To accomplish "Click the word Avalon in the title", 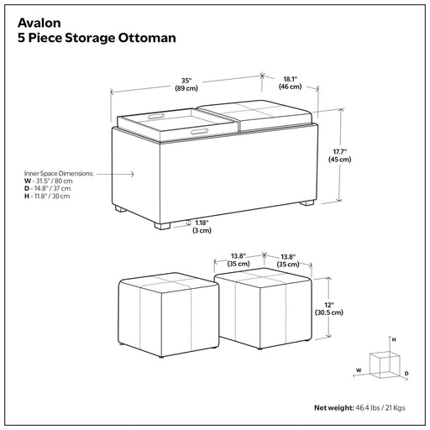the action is tap(39, 23).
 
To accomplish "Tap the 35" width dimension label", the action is tap(186, 84).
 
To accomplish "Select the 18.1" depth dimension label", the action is tap(290, 83).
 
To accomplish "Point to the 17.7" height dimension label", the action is tap(339, 155).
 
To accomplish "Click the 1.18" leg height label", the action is tap(202, 227).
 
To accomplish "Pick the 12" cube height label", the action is tap(329, 308).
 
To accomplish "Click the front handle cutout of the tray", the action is tap(200, 132).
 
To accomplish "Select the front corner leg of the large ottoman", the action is tap(162, 226).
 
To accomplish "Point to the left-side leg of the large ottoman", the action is tap(119, 209).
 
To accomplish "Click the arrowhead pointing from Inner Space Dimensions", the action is tap(132, 174).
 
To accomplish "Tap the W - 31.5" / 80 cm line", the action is tap(49, 181).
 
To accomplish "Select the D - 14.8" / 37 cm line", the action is tap(47, 189).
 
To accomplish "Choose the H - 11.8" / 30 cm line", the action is tap(47, 197).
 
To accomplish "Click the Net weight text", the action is tap(359, 408).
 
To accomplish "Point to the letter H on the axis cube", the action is tap(394, 340).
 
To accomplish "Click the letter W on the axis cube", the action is tap(359, 370).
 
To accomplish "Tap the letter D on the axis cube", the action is tap(406, 374).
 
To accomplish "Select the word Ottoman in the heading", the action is tap(147, 38).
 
